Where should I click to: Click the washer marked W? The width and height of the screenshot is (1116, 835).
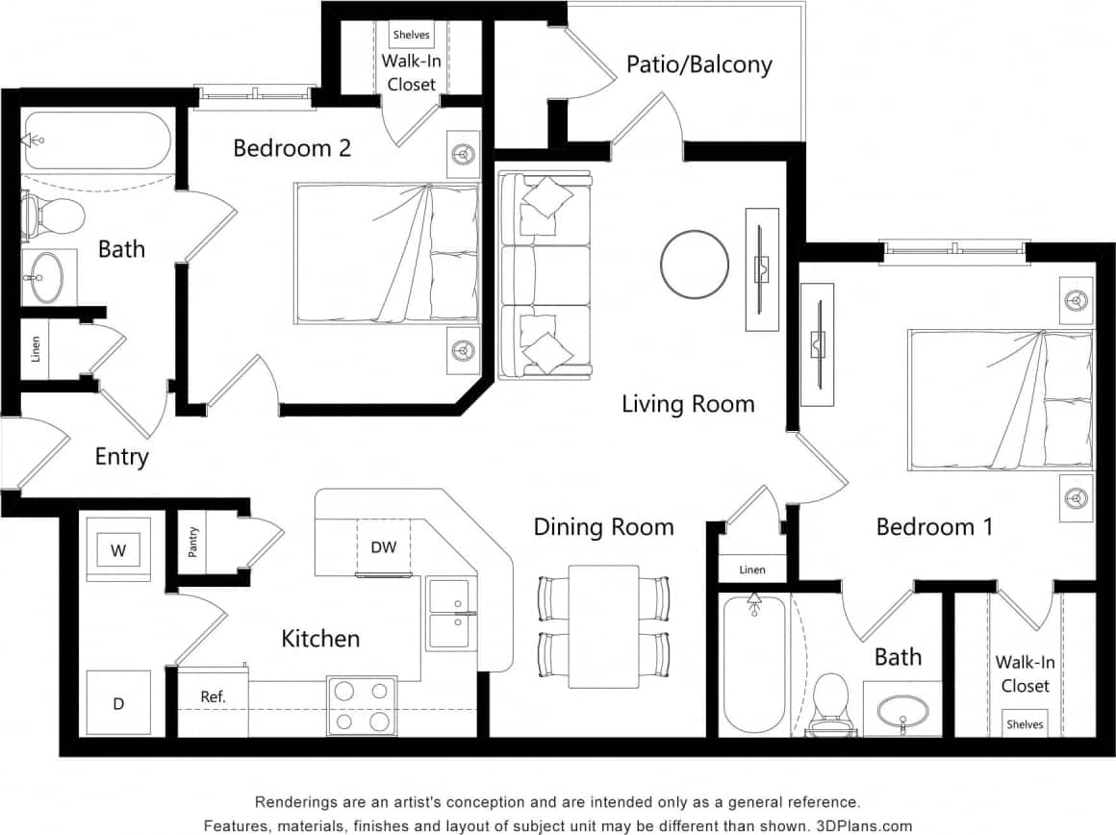[118, 550]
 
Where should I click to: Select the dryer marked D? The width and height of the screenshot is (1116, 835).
[118, 703]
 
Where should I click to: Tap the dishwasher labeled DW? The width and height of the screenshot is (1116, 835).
[383, 547]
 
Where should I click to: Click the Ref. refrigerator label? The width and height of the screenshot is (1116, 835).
[213, 696]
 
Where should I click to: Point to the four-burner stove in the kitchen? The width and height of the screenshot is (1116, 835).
[363, 706]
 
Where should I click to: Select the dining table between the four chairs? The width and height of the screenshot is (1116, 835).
[603, 626]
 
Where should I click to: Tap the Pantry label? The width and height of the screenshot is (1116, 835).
[193, 542]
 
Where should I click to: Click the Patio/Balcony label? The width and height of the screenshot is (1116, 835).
[698, 64]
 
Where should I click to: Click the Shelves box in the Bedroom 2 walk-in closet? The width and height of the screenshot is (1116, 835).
[412, 35]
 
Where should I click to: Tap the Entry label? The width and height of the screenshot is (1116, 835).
[121, 456]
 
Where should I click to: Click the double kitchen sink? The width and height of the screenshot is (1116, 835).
[449, 613]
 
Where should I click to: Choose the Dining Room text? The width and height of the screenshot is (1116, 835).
[603, 526]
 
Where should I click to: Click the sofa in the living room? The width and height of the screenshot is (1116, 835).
[545, 275]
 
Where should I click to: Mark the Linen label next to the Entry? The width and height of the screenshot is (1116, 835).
[37, 347]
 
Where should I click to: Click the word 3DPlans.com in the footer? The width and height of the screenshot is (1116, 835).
[865, 825]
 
